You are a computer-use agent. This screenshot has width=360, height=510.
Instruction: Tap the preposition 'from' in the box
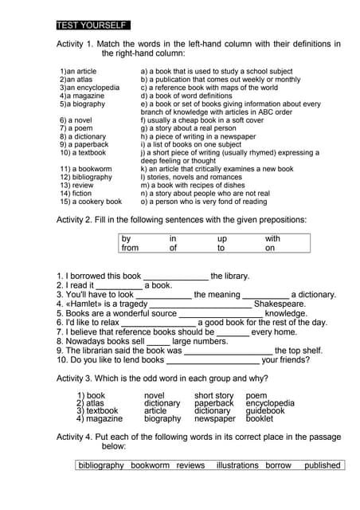130,248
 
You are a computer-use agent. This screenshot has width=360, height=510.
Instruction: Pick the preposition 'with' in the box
273,238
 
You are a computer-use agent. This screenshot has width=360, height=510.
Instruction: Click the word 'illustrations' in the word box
237,465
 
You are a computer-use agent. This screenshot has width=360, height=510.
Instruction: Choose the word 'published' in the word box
322,465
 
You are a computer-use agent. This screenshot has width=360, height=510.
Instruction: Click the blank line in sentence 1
175,277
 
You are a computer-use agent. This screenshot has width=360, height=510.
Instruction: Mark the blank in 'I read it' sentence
119,285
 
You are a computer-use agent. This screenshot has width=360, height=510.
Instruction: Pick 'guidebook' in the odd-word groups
265,411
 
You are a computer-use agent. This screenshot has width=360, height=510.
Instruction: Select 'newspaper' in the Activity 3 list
215,418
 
